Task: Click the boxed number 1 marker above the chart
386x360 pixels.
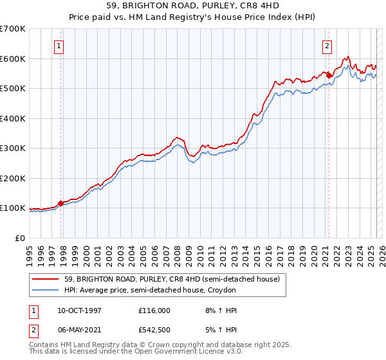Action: (x=59, y=46)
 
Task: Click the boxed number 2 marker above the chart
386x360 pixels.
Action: (x=327, y=46)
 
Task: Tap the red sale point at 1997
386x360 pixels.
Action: (x=61, y=204)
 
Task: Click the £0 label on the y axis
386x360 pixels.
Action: (x=19, y=238)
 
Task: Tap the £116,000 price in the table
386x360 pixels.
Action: (x=154, y=310)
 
